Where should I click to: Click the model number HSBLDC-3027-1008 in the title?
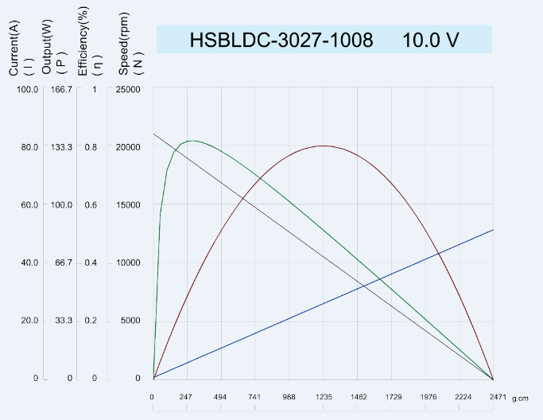click(x=281, y=40)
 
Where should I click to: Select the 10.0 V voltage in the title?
click(x=430, y=40)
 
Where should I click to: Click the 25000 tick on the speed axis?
click(x=129, y=89)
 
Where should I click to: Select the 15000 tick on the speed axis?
click(x=129, y=204)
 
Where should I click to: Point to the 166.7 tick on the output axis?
click(x=61, y=89)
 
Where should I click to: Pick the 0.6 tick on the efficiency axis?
click(x=91, y=204)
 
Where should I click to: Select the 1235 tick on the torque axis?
click(x=323, y=396)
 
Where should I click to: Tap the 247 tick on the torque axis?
click(x=186, y=396)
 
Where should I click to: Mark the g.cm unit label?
click(x=520, y=397)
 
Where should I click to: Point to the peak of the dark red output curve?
click(x=323, y=146)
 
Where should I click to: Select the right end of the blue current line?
click(x=493, y=230)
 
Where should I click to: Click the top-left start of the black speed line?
click(x=153, y=133)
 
